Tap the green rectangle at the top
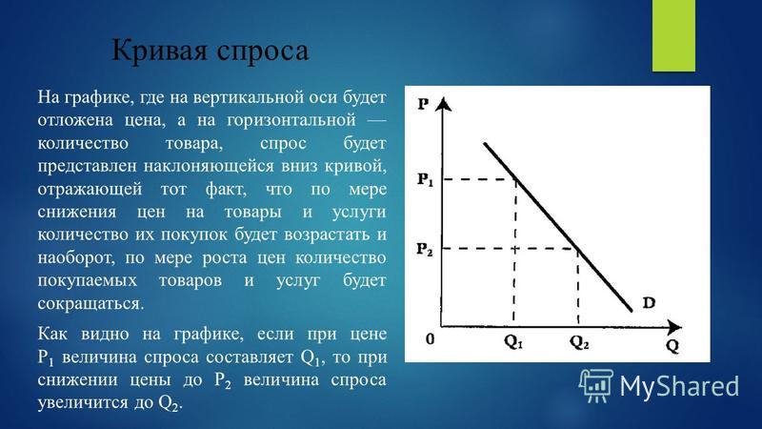tap(673, 35)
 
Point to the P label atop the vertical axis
tap(423, 104)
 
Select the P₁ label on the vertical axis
tap(425, 180)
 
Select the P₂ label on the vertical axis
tap(425, 250)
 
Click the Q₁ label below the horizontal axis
tap(513, 342)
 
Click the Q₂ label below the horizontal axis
tap(579, 342)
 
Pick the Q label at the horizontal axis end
tap(672, 346)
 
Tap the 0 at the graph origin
tap(431, 338)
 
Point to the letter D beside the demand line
tap(649, 302)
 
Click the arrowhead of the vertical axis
tap(442, 104)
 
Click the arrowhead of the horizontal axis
tap(674, 327)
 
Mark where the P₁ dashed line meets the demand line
tap(516, 179)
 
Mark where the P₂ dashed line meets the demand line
tap(578, 249)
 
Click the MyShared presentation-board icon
tap(596, 385)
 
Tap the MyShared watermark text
tap(679, 387)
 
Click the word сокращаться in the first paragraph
tap(90, 304)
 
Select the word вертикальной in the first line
tap(249, 98)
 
